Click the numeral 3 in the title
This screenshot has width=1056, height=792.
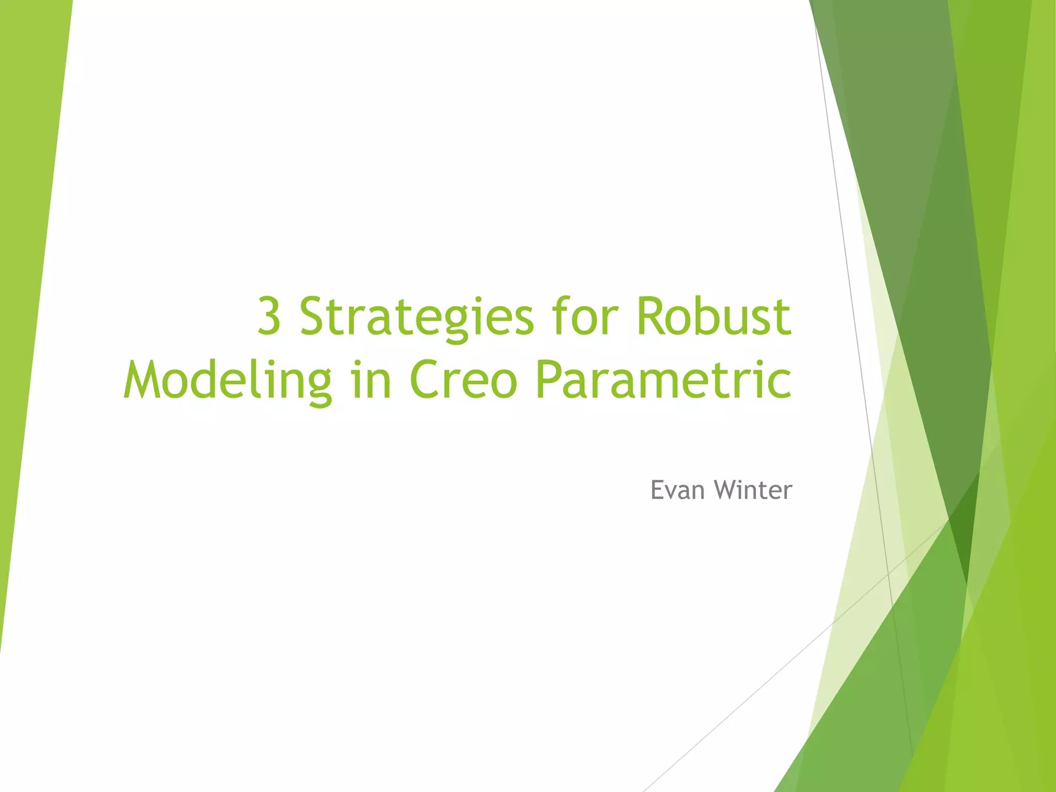coord(269,316)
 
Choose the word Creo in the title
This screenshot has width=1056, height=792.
coord(464,380)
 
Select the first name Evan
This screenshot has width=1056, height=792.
coord(677,490)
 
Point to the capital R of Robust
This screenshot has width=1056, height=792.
coord(651,316)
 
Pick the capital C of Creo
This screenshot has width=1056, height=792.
coord(425,380)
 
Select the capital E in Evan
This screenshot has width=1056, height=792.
coord(657,490)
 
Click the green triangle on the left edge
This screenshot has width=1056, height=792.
coord(31,258)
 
